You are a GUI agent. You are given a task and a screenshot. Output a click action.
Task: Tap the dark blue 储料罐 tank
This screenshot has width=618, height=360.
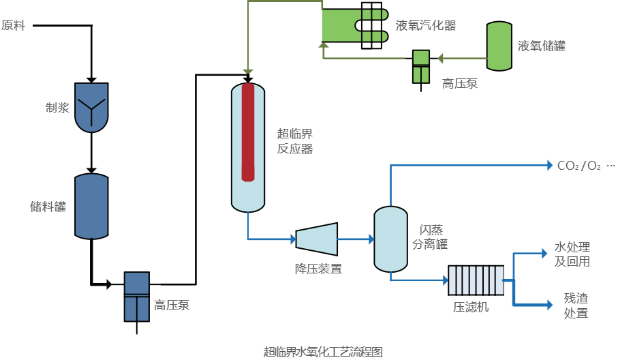[91, 207]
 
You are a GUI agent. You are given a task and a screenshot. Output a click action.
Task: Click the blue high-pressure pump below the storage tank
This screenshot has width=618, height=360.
[136, 297]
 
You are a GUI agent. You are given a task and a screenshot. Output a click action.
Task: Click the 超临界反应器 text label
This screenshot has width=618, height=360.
[295, 141]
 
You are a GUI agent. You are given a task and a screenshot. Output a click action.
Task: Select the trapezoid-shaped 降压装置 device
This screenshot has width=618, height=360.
[317, 239]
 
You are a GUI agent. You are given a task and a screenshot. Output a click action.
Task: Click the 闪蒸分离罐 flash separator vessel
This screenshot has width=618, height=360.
[391, 239]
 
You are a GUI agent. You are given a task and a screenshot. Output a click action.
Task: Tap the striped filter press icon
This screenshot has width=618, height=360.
[476, 280]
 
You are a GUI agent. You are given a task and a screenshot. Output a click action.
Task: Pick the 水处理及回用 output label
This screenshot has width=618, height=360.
[572, 254]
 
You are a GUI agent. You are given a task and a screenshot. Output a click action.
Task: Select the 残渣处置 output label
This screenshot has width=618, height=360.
[576, 305]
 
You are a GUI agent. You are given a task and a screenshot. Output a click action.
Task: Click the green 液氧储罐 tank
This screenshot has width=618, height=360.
[499, 46]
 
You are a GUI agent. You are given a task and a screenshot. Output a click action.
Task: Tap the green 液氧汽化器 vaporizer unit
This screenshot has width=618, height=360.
[354, 25]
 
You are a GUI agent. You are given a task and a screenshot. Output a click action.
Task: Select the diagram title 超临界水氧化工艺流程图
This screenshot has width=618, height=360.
[324, 352]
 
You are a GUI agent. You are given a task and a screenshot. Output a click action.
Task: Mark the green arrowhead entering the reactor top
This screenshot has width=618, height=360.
[248, 70]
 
